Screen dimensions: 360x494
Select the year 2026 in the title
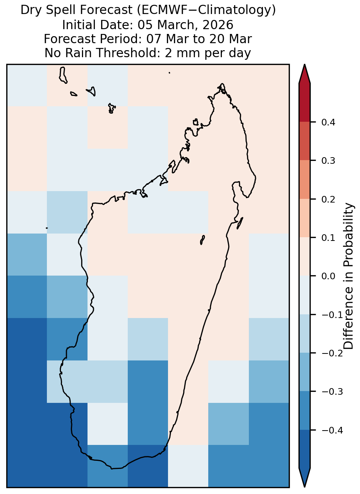pyautogui.click(x=218, y=25)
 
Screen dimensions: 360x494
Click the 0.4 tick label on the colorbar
pyautogui.click(x=328, y=122)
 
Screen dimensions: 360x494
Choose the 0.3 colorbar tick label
pyautogui.click(x=328, y=161)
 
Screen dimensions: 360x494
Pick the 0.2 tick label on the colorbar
pyautogui.click(x=328, y=199)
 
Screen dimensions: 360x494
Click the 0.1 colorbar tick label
pyautogui.click(x=328, y=238)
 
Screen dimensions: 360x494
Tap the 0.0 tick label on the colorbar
pyautogui.click(x=328, y=276)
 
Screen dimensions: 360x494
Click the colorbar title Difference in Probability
pyautogui.click(x=349, y=276)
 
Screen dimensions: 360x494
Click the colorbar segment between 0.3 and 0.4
pyautogui.click(x=305, y=141)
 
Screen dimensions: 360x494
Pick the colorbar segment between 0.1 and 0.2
pyautogui.click(x=305, y=218)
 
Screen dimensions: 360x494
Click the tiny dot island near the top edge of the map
pyautogui.click(x=169, y=73)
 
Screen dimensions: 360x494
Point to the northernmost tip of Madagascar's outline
pyautogui.click(x=222, y=84)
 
